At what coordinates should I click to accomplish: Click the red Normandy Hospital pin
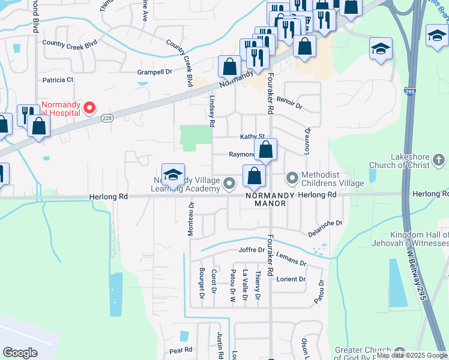(89, 107)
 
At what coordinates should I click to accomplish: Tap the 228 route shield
(107, 118)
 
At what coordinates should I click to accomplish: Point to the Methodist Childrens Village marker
(292, 178)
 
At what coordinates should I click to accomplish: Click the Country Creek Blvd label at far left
(70, 43)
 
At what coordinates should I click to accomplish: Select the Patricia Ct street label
(57, 80)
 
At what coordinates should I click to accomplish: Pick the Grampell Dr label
(154, 72)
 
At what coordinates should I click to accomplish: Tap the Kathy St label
(252, 137)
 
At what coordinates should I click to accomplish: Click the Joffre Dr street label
(252, 250)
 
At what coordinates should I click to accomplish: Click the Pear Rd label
(180, 350)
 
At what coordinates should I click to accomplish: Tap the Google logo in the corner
(20, 353)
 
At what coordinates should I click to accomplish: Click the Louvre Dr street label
(307, 140)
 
